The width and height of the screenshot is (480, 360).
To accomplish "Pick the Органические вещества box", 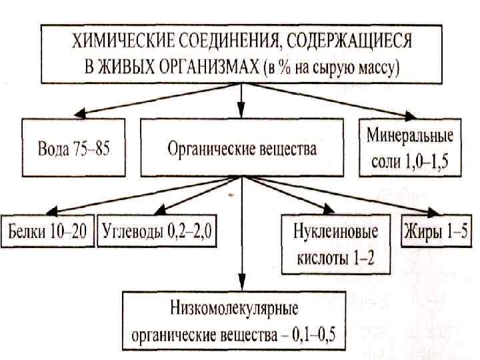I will point(241,148).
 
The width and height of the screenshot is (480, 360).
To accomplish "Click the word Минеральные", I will point(409,136).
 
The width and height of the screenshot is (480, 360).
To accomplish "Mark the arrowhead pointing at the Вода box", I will point(75,115).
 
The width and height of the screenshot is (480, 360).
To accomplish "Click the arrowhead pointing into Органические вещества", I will point(241,113).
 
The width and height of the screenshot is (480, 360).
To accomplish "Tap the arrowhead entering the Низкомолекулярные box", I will point(241,285).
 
